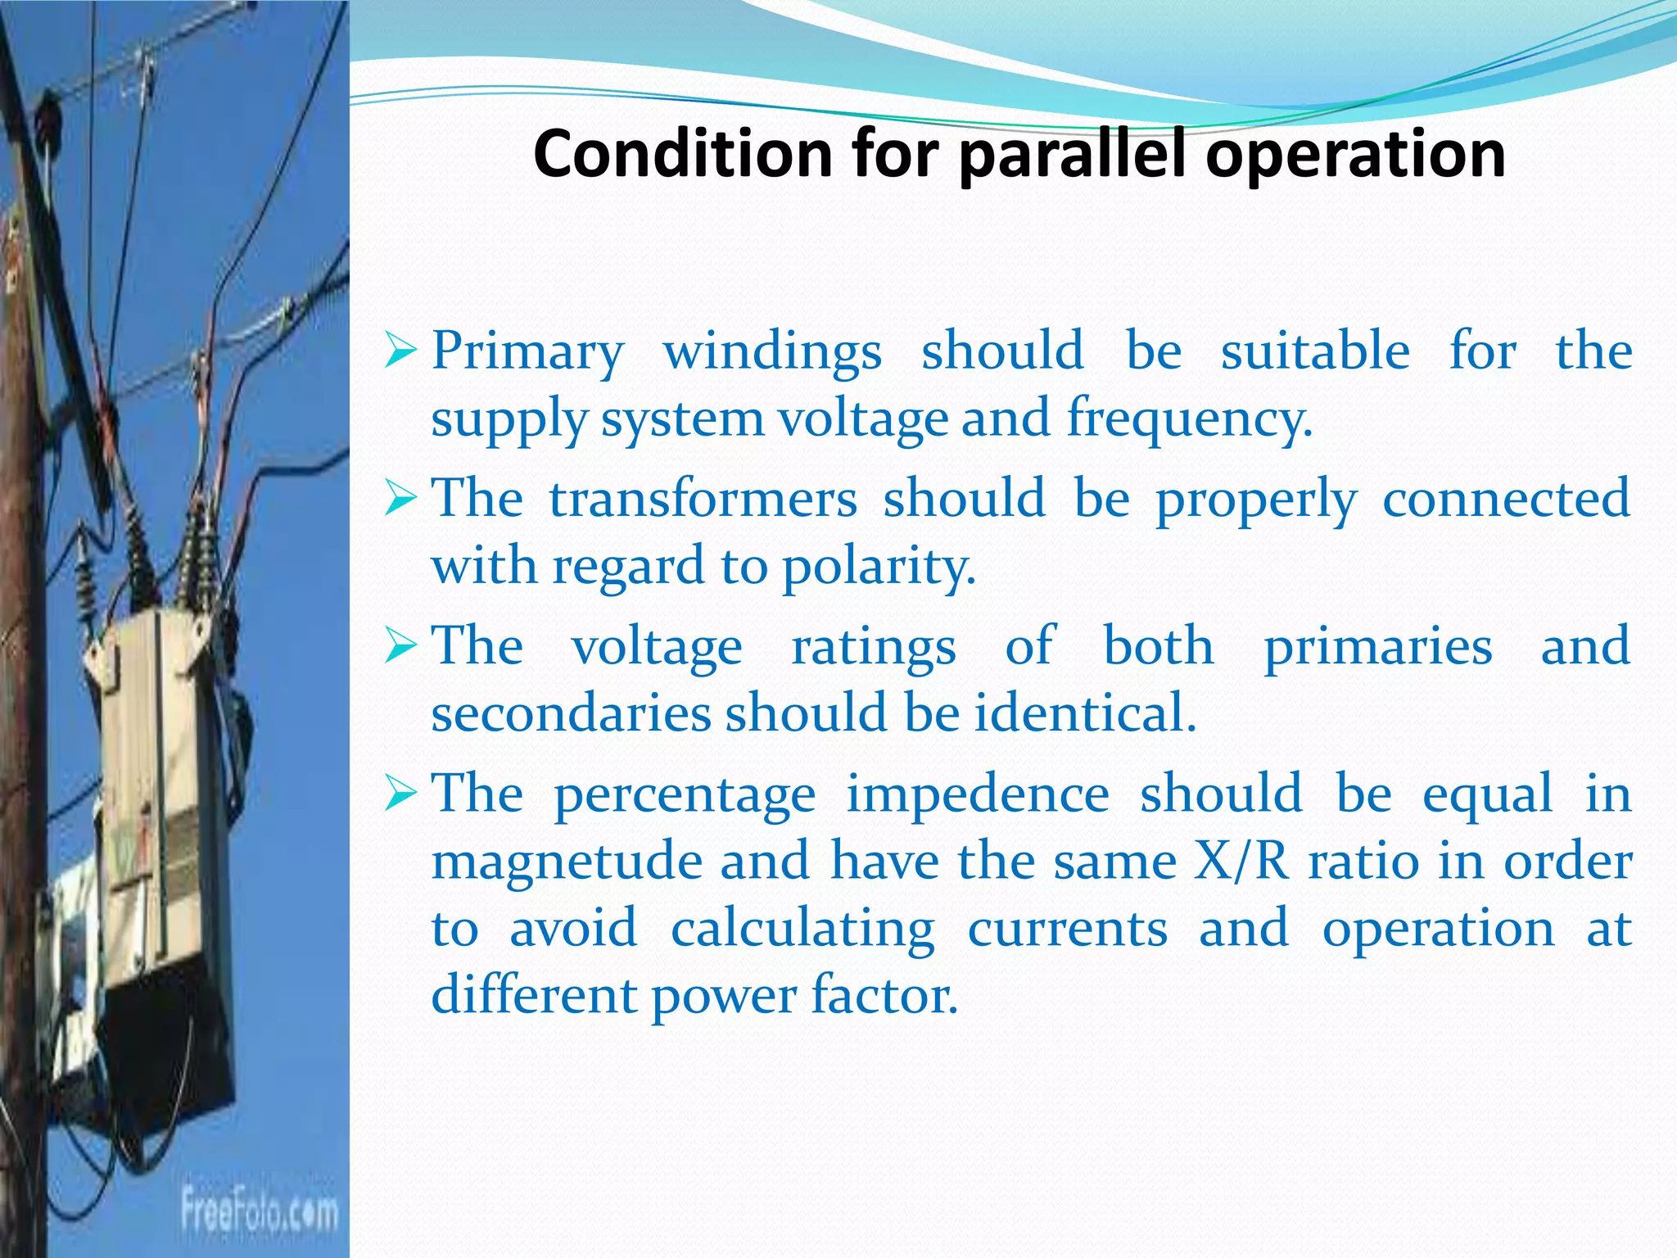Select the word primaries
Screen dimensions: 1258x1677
point(1378,647)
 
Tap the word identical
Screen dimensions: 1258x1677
point(1085,713)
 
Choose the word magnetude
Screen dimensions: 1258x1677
point(567,862)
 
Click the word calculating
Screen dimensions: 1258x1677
point(802,929)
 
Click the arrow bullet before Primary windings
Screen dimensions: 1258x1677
point(401,352)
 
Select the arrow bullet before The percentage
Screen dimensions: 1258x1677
point(401,794)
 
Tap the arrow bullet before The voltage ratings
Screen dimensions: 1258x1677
point(401,647)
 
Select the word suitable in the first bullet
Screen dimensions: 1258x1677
point(1315,351)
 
